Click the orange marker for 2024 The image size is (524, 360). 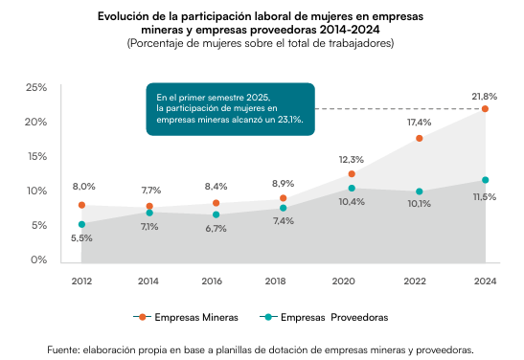tap(485, 109)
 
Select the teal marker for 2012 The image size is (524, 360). tap(81, 224)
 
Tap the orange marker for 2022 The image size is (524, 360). tap(419, 138)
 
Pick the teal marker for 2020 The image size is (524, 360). tap(352, 189)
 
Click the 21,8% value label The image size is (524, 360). tap(484, 97)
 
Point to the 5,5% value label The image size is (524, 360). tap(81, 238)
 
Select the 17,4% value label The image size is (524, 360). tap(419, 123)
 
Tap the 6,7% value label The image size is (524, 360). tap(216, 229)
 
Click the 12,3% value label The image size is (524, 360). tap(352, 160)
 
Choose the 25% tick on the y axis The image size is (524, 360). tap(36, 87)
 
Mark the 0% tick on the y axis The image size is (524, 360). tap(38, 259)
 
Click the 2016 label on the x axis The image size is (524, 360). tap(212, 281)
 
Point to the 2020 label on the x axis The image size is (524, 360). tap(343, 281)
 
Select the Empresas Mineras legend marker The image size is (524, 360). tap(143, 317)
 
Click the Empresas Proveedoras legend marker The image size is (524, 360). tap(268, 317)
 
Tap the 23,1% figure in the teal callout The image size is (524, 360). tap(290, 120)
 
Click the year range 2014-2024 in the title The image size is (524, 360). tap(350, 30)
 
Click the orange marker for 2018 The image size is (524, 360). tap(283, 198)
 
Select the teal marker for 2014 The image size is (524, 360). tap(149, 213)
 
